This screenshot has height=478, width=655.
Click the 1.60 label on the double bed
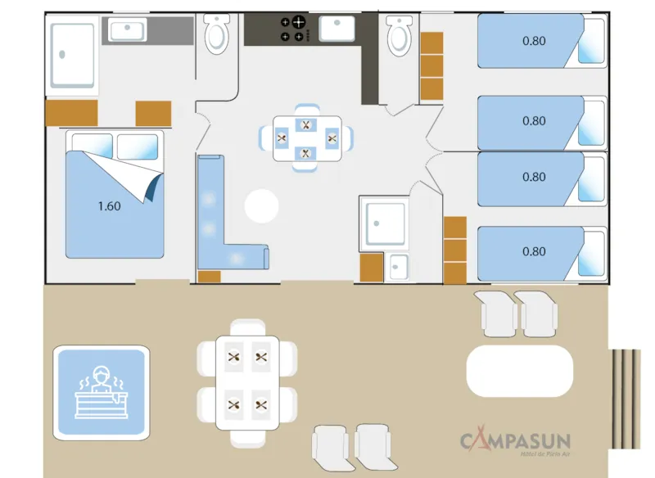click(x=109, y=206)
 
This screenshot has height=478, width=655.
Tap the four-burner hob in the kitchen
click(x=292, y=29)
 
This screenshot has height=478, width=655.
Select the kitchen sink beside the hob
click(x=336, y=29)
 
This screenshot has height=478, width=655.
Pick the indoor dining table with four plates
click(x=306, y=138)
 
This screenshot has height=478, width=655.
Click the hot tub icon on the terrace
click(x=102, y=391)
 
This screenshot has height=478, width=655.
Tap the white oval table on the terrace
click(x=518, y=371)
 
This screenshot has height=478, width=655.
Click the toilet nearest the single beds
click(x=399, y=34)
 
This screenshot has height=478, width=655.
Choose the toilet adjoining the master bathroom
click(x=217, y=35)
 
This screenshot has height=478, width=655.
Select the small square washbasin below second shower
click(x=399, y=267)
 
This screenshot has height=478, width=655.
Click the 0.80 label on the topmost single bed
click(x=534, y=39)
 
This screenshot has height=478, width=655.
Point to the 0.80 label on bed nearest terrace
click(x=534, y=251)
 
